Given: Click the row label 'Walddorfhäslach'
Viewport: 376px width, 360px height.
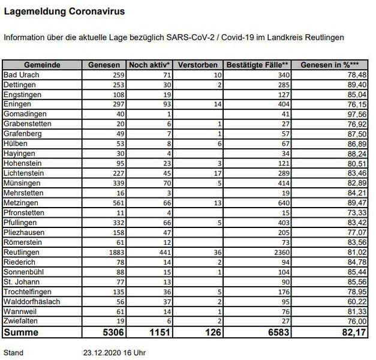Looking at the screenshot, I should pyautogui.click(x=32, y=302).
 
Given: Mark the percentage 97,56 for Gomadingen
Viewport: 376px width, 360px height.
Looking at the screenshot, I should pyautogui.click(x=357, y=113).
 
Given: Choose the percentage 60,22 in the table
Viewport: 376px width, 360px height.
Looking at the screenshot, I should pyautogui.click(x=357, y=302).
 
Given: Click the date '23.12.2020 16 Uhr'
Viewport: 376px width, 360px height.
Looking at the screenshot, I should pyautogui.click(x=114, y=353).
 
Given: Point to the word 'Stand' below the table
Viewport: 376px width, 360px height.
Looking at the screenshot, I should pyautogui.click(x=14, y=353).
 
